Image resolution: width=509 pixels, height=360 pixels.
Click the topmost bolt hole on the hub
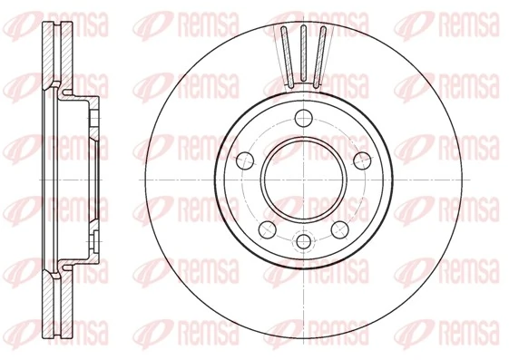tap(302, 115)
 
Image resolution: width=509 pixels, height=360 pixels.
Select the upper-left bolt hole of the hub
tap(243, 160)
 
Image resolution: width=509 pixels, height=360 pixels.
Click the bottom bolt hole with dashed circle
tap(302, 242)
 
